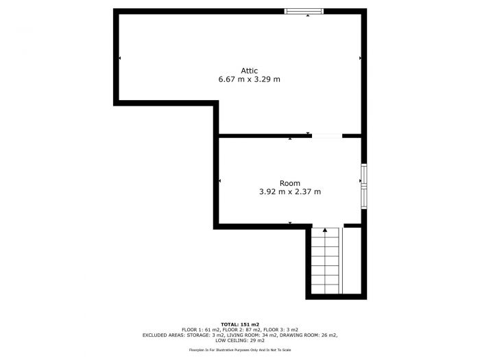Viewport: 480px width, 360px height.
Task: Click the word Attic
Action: tap(249, 70)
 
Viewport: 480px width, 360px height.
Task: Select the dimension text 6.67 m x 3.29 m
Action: tap(249, 80)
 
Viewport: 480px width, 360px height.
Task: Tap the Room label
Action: tap(289, 182)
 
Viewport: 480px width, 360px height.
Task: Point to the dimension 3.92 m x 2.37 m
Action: tap(289, 192)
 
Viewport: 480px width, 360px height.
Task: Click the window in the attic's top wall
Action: tap(304, 10)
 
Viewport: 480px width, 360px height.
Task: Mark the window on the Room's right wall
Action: tap(364, 185)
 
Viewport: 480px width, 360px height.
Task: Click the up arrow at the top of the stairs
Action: tap(325, 231)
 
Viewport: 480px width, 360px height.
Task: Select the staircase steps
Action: tap(325, 261)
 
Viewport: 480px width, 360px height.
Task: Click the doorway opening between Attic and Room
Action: tap(327, 136)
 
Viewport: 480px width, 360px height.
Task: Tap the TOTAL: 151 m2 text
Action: tap(239, 324)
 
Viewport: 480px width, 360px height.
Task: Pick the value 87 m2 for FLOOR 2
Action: tap(252, 330)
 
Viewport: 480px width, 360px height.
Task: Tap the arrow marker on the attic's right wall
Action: tap(359, 58)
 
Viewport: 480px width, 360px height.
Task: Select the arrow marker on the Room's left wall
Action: tap(219, 181)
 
